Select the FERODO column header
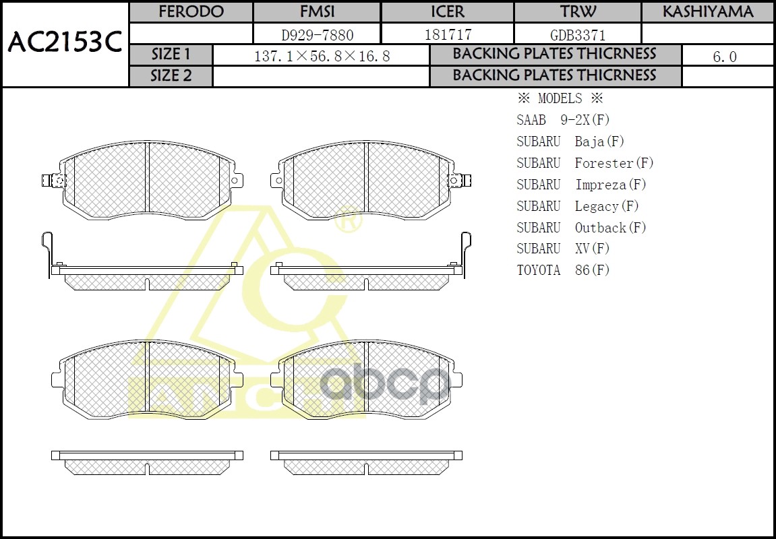(191, 12)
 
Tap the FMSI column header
(317, 12)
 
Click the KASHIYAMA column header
(707, 12)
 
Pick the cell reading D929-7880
(317, 34)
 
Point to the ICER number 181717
(448, 34)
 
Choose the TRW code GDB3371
(578, 34)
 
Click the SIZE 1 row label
(171, 55)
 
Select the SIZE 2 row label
(171, 76)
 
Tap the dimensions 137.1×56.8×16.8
(322, 57)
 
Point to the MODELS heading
(560, 99)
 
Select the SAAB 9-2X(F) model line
(563, 121)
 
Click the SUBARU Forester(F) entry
(585, 163)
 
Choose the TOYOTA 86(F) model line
(563, 271)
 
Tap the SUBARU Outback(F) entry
(581, 228)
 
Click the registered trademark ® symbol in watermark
(349, 220)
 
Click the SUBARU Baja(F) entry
(570, 141)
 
